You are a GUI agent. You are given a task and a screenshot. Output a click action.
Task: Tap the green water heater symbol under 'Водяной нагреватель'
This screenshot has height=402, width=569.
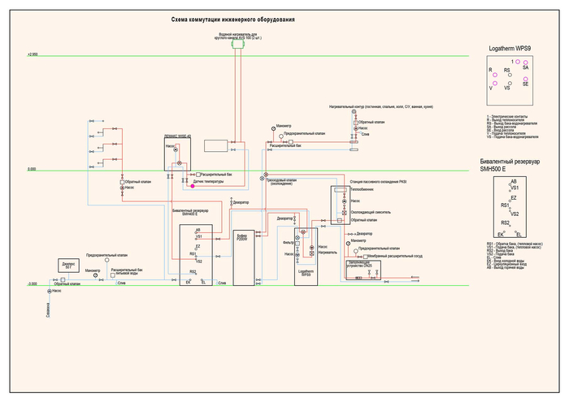[237, 45]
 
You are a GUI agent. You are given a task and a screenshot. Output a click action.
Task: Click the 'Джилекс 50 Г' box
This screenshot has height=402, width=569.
[69, 266]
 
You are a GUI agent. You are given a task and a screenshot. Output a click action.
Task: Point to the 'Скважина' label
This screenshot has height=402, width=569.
[49, 309]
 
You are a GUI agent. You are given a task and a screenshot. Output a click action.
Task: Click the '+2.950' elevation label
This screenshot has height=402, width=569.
[33, 54]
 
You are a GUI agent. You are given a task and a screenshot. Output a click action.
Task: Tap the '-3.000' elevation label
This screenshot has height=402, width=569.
[33, 284]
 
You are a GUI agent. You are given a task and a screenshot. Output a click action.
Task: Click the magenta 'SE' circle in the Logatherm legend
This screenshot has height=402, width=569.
[526, 79]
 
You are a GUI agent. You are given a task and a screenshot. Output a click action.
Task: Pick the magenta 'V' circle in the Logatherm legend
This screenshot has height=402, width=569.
[492, 82]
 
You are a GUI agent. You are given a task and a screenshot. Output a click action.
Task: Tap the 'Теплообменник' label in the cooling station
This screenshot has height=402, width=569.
[363, 190]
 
